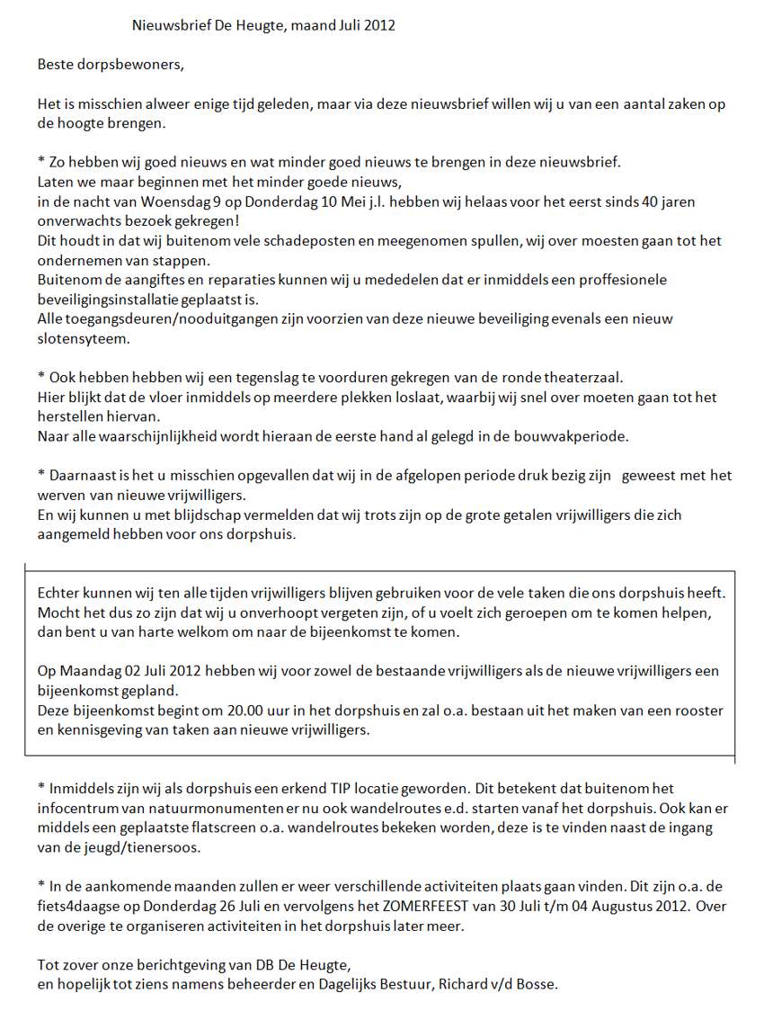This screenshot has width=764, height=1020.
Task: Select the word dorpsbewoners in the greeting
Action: (122, 65)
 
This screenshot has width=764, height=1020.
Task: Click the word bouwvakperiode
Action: (572, 437)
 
